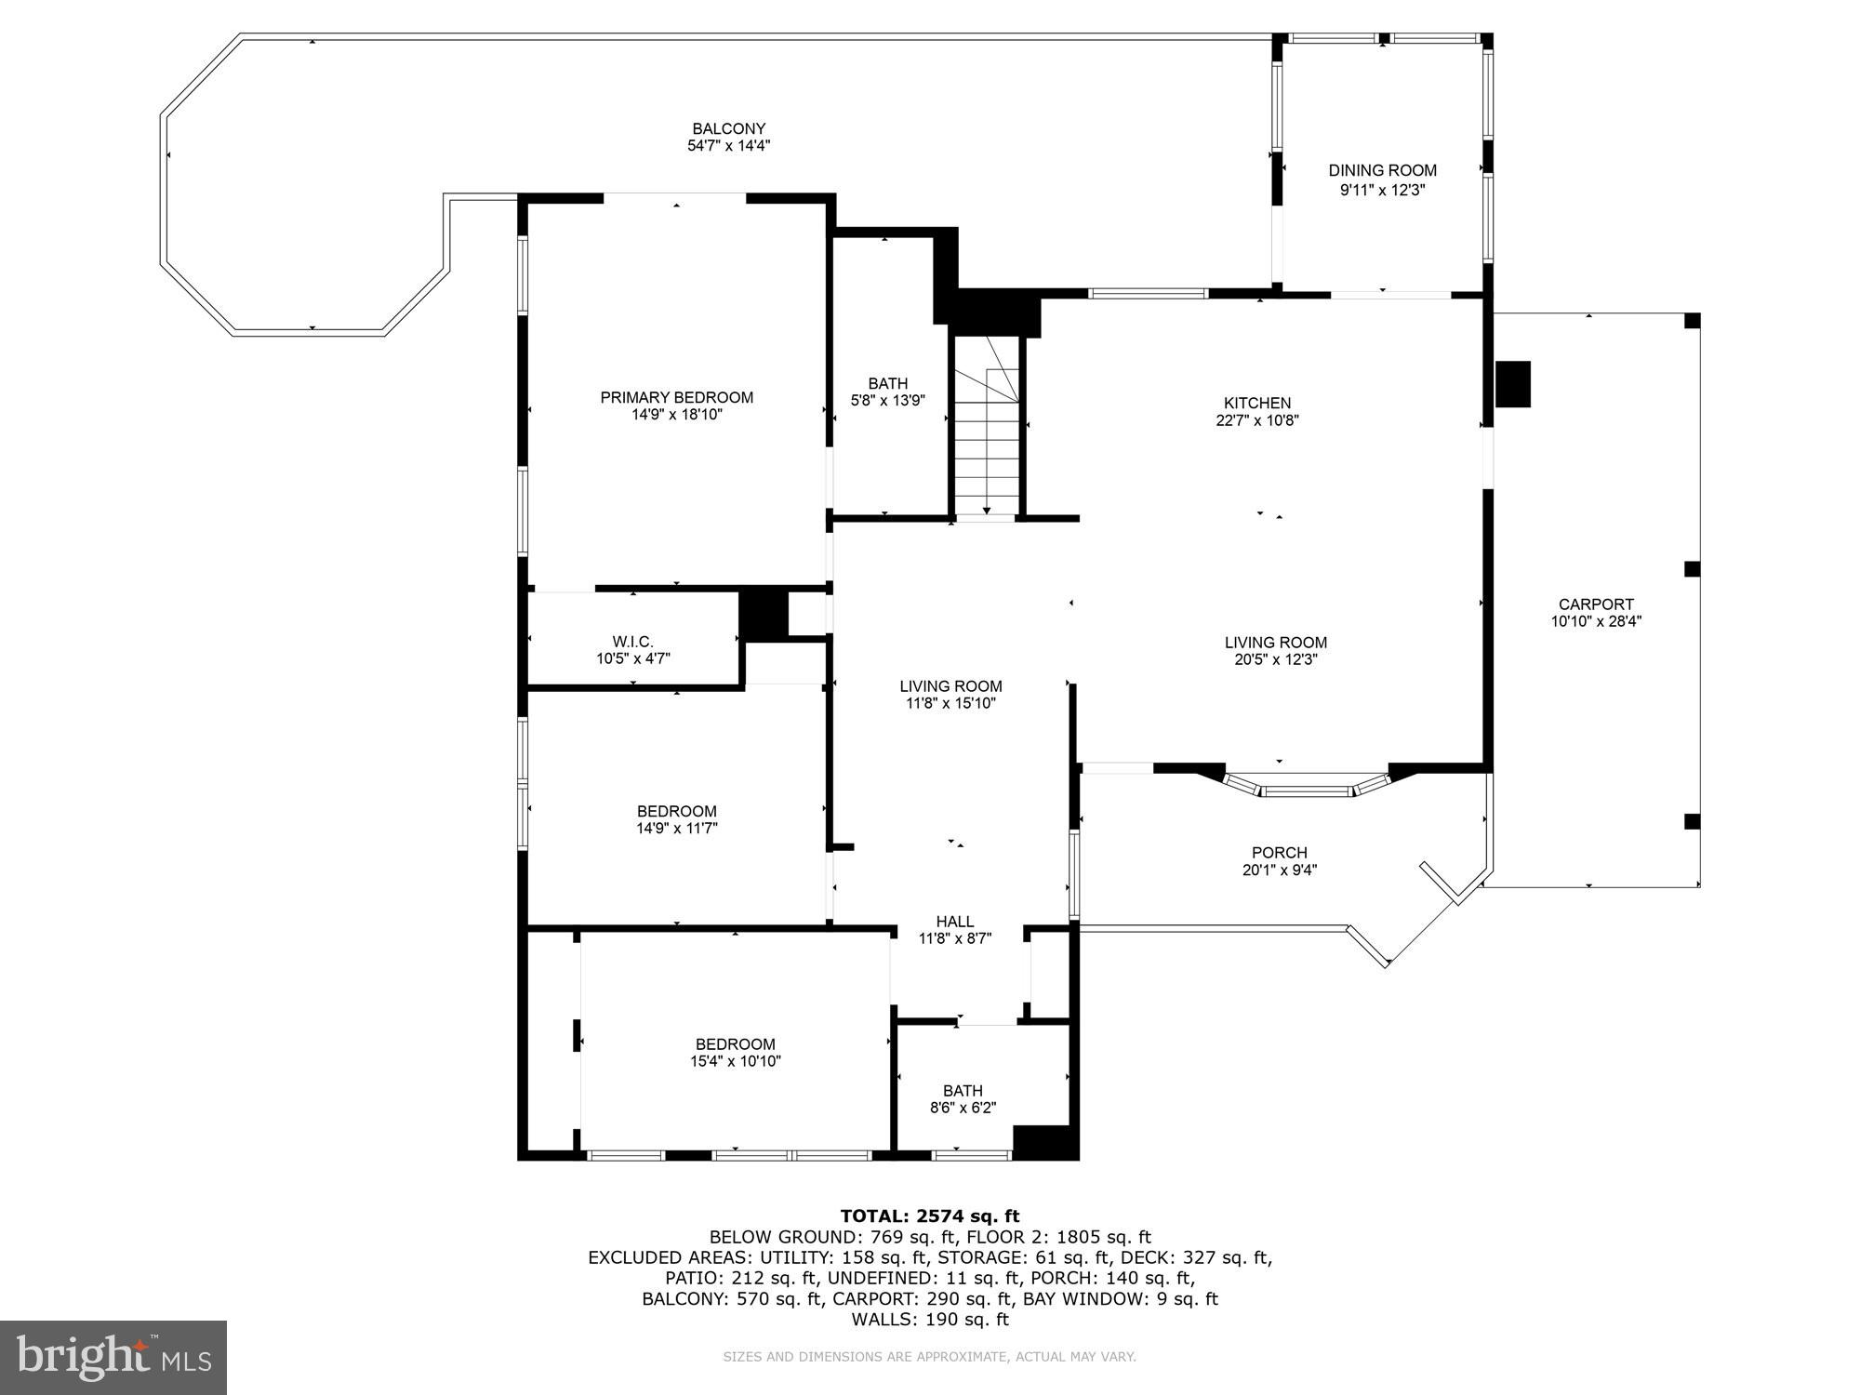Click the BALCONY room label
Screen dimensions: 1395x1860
pos(728,128)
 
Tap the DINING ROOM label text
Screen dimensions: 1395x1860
pos(1382,170)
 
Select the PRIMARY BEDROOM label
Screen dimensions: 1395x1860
pos(676,397)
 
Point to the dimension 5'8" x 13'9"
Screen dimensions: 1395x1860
pos(887,401)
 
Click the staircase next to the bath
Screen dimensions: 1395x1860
pos(987,437)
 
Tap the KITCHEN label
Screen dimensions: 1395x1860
pos(1256,403)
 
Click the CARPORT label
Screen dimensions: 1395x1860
pos(1596,604)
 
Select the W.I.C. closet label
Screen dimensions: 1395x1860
pos(632,642)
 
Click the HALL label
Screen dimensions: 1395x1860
pos(955,922)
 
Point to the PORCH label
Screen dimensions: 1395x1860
pos(1279,852)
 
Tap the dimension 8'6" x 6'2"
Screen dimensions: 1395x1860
pos(963,1108)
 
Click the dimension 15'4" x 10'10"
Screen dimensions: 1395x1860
pos(735,1061)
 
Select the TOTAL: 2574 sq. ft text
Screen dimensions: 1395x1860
pos(929,1216)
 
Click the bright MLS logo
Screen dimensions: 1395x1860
pos(113,1358)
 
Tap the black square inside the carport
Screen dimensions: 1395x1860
pos(1512,383)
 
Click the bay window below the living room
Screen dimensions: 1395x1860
pos(1306,788)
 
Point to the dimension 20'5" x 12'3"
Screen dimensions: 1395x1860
pos(1275,659)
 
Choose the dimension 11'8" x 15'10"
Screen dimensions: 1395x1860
pos(950,703)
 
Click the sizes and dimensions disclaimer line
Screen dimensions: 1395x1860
pos(929,1357)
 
